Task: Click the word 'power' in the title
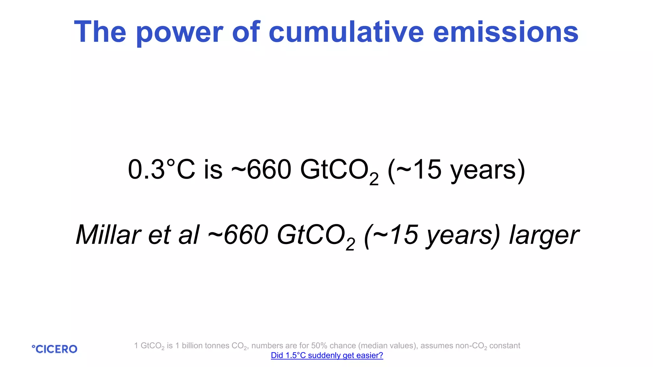179,32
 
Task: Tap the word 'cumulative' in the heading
346,32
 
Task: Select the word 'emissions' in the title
505,32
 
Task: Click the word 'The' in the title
100,32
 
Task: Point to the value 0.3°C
161,169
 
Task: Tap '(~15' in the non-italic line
415,169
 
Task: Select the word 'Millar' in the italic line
108,235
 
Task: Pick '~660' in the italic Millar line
238,235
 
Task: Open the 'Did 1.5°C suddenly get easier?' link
327,356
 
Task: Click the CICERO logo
55,349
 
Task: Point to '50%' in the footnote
319,346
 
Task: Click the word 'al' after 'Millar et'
189,235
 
